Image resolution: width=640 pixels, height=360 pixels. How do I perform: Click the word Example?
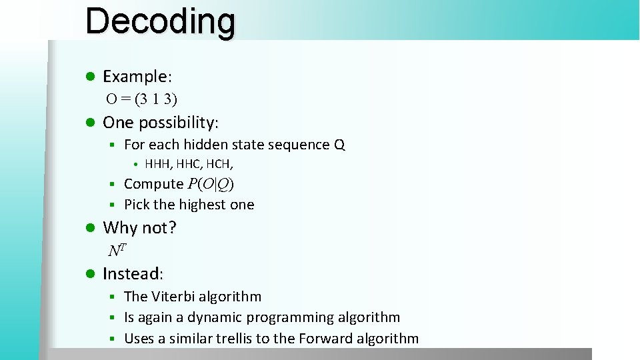tap(136, 77)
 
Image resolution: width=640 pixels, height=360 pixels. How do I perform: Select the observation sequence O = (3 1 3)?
tap(142, 99)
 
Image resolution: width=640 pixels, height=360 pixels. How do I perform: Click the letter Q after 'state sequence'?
tap(339, 145)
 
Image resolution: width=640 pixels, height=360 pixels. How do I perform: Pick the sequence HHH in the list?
tap(158, 164)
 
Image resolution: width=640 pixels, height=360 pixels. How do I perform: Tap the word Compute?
tap(153, 184)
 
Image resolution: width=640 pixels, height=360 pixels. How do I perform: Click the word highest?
tap(200, 205)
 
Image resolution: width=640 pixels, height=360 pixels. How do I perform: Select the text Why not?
tap(139, 228)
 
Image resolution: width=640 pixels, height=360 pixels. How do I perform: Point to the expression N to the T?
tap(117, 251)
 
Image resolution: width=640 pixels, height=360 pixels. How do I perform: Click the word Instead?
tap(131, 273)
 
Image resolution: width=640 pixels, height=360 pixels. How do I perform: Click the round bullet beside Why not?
tap(90, 228)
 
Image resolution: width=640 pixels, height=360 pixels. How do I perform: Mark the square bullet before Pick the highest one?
tap(113, 205)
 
